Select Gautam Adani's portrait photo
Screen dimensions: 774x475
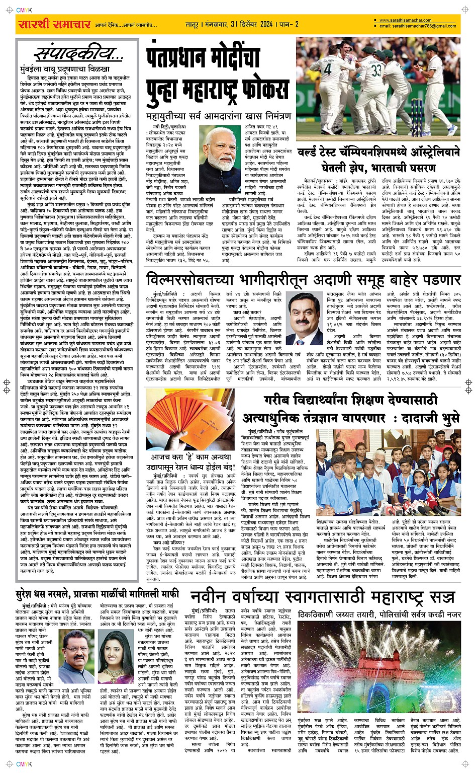point(305,317)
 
